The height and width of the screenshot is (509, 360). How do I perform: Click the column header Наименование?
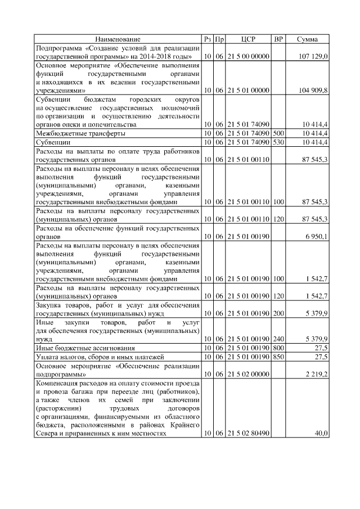tap(118, 39)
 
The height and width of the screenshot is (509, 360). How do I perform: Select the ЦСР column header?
tap(248, 39)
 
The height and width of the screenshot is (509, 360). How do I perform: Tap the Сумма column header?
tap(307, 39)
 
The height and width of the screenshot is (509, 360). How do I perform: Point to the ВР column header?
tap(278, 39)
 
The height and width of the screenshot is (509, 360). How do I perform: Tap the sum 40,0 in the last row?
tap(321, 434)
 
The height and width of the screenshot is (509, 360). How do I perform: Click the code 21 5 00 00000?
tap(248, 57)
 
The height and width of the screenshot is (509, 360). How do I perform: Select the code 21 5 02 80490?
tap(248, 434)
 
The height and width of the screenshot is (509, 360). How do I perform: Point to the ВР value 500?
tap(278, 134)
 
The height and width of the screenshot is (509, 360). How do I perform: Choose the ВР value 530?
tap(278, 142)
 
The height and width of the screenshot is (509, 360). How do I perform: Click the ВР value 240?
tap(278, 339)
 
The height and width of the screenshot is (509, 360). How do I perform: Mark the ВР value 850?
tap(278, 357)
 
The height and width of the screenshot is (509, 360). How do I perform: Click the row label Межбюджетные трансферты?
tap(80, 134)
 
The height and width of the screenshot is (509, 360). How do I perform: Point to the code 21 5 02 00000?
tap(248, 373)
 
